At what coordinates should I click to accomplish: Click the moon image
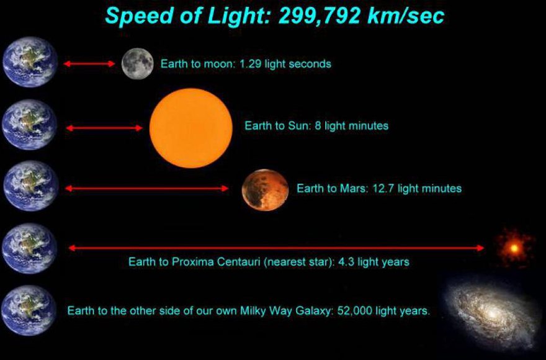click(x=137, y=63)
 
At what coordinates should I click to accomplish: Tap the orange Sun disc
click(x=191, y=127)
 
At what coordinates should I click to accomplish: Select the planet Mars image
click(x=265, y=189)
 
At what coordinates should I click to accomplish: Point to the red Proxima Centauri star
click(x=514, y=248)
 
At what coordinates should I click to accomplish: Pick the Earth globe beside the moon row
click(x=30, y=62)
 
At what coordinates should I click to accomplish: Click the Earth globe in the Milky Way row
click(x=29, y=310)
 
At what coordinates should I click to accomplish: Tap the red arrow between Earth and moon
click(x=89, y=63)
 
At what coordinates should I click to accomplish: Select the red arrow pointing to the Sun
click(x=104, y=128)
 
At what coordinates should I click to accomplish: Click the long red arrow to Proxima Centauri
click(x=276, y=248)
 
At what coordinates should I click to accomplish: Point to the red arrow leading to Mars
click(x=147, y=188)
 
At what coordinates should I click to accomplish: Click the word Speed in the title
click(x=139, y=16)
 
